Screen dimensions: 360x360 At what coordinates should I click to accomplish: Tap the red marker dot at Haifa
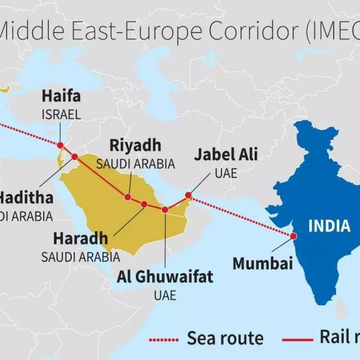pyautogui.click(x=60, y=145)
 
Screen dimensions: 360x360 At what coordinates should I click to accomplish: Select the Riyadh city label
pyautogui.click(x=135, y=145)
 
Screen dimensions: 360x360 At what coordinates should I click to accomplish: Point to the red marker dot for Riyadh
pyautogui.click(x=128, y=197)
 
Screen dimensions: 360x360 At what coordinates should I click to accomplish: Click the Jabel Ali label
pyautogui.click(x=226, y=155)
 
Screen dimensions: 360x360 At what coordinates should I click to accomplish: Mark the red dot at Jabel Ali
pyautogui.click(x=188, y=195)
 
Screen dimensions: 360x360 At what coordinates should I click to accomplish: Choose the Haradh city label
pyautogui.click(x=80, y=239)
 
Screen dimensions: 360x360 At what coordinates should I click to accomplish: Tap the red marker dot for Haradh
pyautogui.click(x=144, y=205)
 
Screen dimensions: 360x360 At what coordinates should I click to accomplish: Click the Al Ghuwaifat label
pyautogui.click(x=165, y=277)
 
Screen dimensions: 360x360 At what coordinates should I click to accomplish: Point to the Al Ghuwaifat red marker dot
pyautogui.click(x=165, y=209)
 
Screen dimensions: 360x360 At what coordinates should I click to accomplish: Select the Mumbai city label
pyautogui.click(x=262, y=263)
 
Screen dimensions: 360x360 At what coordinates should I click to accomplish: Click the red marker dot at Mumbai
pyautogui.click(x=293, y=236)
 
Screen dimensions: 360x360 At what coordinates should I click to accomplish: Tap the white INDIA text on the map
pyautogui.click(x=329, y=226)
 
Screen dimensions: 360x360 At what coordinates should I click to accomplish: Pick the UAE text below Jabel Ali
pyautogui.click(x=226, y=173)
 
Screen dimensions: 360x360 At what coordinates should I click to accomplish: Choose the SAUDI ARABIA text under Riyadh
pyautogui.click(x=136, y=163)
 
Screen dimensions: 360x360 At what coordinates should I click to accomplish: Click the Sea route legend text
pyautogui.click(x=225, y=338)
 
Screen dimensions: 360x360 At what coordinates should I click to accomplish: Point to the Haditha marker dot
pyautogui.click(x=74, y=157)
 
